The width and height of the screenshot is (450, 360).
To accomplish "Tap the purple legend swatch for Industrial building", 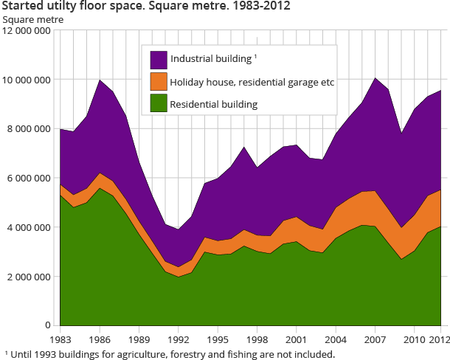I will tap(158, 59).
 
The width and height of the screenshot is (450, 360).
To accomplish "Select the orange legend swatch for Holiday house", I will tap(158, 82).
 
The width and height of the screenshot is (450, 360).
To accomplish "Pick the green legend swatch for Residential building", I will tap(158, 105).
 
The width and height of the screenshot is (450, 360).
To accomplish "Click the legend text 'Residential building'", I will tap(213, 105).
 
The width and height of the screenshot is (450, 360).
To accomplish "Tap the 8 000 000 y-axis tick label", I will tap(29, 129).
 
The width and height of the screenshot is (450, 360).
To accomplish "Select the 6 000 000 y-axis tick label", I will tap(29, 178).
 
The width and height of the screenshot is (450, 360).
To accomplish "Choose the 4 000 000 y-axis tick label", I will tap(29, 227).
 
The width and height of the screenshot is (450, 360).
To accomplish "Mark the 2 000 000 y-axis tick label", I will tap(29, 277).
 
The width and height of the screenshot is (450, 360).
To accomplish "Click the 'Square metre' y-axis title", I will tap(33, 20).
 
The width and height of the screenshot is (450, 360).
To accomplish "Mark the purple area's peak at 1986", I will tap(100, 80).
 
